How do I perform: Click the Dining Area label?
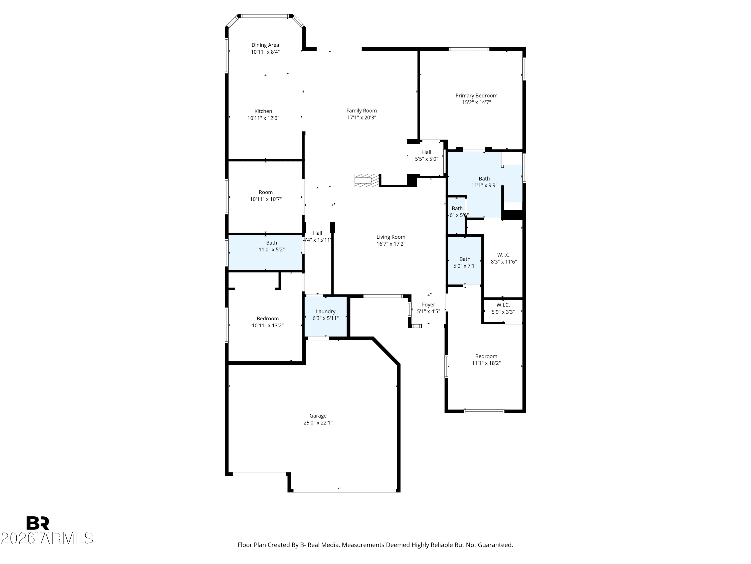click(x=265, y=45)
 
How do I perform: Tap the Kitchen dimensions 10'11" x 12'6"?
click(x=263, y=118)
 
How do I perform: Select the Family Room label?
click(x=361, y=111)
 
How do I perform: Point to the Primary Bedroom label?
click(x=476, y=96)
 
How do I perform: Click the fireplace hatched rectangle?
click(x=366, y=180)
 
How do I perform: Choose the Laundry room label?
click(x=326, y=311)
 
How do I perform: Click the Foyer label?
click(x=429, y=305)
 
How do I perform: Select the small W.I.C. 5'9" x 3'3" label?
click(x=503, y=308)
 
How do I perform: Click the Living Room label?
click(x=391, y=237)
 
